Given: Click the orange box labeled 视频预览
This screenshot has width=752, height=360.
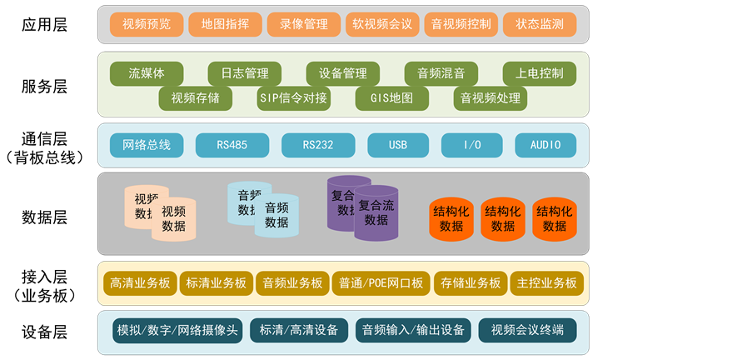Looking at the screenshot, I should click(147, 24).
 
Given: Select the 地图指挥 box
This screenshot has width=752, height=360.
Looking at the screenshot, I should click(225, 24).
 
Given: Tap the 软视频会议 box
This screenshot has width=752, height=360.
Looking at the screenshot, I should click(382, 24).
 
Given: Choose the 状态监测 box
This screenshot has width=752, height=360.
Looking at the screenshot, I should click(540, 24).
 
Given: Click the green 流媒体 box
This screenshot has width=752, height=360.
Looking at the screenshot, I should click(147, 73).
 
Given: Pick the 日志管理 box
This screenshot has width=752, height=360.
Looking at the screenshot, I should click(245, 73).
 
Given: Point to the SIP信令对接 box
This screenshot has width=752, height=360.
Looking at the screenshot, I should click(294, 98).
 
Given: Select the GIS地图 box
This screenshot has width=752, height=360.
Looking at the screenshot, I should click(392, 98).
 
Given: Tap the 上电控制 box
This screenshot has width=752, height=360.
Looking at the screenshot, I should click(540, 73).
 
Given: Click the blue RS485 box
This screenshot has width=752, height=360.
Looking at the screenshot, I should click(232, 145).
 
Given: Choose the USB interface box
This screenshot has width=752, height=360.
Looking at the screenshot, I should click(398, 145).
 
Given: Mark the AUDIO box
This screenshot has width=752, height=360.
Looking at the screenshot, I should click(546, 145).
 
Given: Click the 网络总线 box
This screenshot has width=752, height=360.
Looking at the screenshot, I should click(147, 145).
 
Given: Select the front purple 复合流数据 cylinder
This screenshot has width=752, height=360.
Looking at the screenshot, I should click(376, 214).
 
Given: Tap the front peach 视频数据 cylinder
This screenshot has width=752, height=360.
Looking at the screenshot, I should click(174, 220).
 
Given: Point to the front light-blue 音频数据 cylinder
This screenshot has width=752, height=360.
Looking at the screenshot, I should click(276, 217).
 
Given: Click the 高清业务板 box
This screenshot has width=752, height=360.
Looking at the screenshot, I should click(140, 283).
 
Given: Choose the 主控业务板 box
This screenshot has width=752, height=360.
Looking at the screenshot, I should click(546, 283).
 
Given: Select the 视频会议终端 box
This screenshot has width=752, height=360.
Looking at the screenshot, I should click(528, 330).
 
